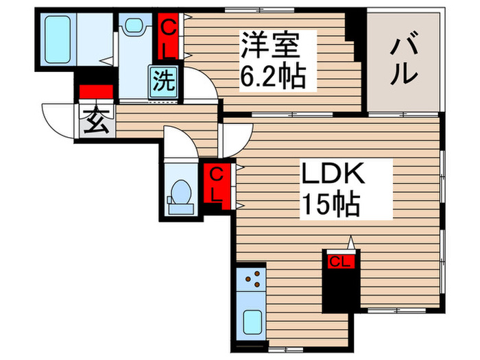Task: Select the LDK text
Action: click(334, 174)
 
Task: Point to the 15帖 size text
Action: click(330, 204)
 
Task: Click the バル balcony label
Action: click(403, 60)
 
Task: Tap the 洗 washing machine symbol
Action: click(163, 82)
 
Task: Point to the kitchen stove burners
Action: click(254, 278)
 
